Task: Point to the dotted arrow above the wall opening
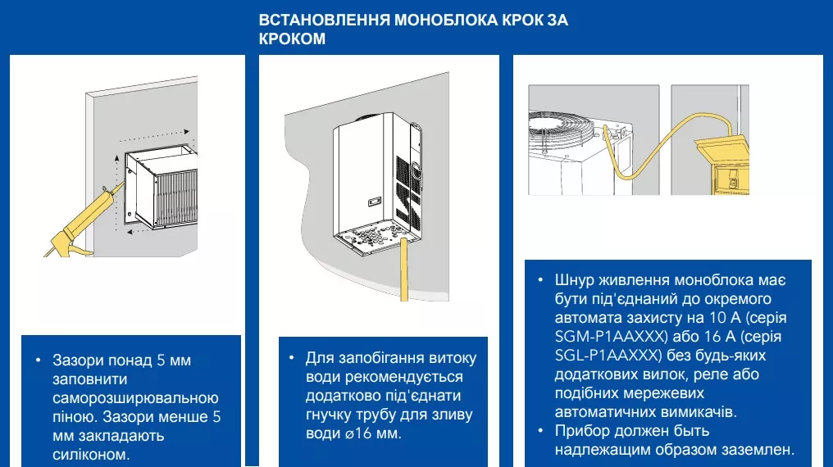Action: [x=156, y=132]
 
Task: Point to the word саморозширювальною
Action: [x=135, y=398]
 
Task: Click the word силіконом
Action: [x=90, y=453]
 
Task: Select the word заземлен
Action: [x=755, y=449]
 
